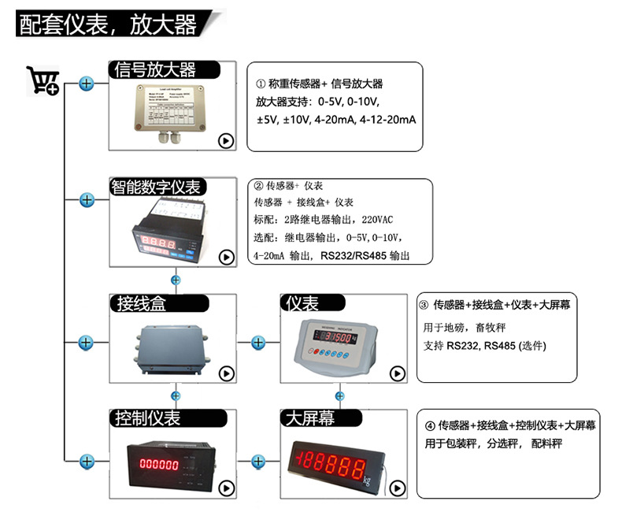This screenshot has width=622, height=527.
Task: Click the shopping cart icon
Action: point(43,80)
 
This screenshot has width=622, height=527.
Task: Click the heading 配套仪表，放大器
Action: point(107,24)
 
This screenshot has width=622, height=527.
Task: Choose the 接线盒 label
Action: point(142,303)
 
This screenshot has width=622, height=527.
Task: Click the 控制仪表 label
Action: point(147,418)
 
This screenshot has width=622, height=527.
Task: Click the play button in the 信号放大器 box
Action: point(226,141)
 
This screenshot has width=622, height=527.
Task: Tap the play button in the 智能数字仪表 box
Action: point(226,257)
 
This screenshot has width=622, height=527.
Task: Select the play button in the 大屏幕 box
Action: point(397,488)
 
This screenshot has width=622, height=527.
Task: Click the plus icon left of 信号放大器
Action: point(87,84)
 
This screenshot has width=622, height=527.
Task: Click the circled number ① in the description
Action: point(261,84)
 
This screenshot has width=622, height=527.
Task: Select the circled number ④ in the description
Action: point(431,425)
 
